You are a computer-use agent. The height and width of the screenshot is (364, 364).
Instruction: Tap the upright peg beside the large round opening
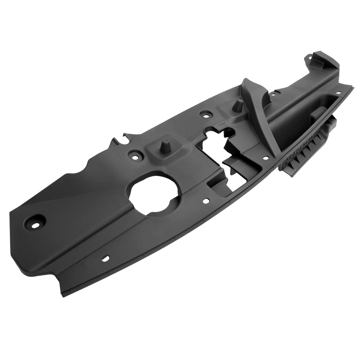pyautogui.click(x=166, y=146)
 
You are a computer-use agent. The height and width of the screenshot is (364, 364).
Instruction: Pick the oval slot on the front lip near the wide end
pyautogui.click(x=106, y=259)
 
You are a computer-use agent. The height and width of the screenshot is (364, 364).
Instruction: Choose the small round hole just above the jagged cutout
pyautogui.click(x=206, y=113)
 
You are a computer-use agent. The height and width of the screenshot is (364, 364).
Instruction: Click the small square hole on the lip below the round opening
pyautogui.click(x=207, y=201)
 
